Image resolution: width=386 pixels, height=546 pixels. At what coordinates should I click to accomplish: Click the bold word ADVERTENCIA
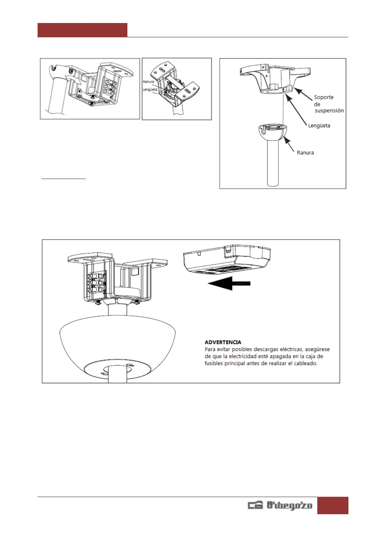click(223, 342)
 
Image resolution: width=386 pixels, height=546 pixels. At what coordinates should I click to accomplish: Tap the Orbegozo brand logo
click(280, 505)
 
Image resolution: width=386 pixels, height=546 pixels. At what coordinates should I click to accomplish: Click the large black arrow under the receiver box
click(229, 283)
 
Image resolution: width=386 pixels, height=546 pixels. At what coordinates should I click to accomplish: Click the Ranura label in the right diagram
click(305, 153)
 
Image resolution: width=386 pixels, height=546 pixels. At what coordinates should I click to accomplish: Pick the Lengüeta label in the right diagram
click(319, 125)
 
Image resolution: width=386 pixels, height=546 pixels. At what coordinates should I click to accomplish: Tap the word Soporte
click(323, 97)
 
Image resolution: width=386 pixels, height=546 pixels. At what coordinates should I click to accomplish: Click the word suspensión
click(329, 111)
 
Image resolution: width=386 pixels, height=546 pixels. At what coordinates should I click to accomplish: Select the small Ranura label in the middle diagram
click(148, 82)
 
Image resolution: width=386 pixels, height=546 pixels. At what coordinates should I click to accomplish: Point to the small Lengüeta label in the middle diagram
click(150, 89)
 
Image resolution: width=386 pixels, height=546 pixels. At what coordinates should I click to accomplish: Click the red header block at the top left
click(82, 30)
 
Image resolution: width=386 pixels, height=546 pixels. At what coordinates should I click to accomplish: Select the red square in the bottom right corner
click(333, 505)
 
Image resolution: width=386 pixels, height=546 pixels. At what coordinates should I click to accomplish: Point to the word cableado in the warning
click(305, 363)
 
